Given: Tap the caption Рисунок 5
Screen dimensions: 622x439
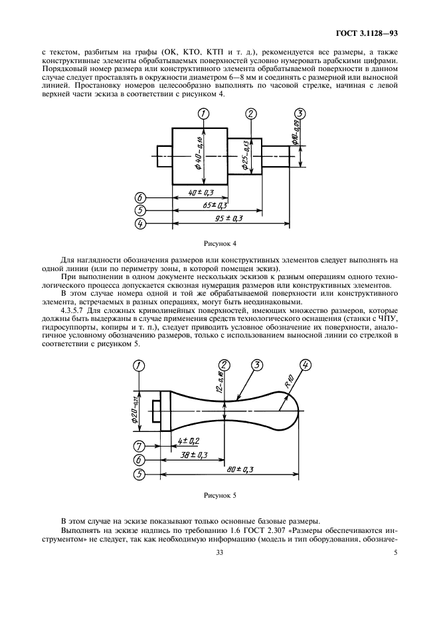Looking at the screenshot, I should coord(219,495).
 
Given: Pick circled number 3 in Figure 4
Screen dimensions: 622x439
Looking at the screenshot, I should coord(300,114).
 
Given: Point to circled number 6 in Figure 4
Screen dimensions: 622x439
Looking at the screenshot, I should coord(139,197).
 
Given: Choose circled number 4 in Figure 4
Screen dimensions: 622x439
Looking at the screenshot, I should coord(139,224).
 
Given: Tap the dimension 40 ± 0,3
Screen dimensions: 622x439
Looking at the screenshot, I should coord(198,193).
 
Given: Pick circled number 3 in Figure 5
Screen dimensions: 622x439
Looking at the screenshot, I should coord(257,365).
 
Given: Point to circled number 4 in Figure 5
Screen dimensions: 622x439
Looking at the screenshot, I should coord(305,365).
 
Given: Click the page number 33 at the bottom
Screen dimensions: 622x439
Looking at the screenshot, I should coord(219,561).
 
